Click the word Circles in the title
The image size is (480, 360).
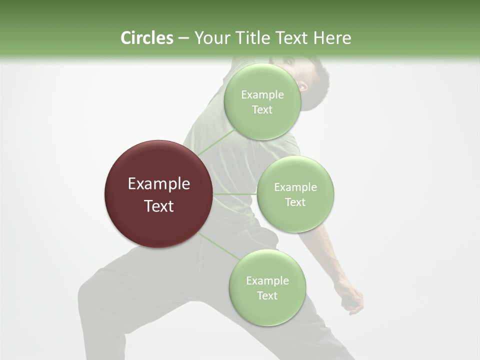(x=146, y=38)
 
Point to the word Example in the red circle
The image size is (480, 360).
(x=158, y=184)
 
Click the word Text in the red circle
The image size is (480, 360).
(x=158, y=206)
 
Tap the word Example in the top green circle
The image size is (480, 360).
(x=262, y=95)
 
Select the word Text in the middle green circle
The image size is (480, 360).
(x=295, y=202)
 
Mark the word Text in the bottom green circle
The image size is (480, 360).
(x=267, y=295)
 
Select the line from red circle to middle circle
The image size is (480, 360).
(x=235, y=194)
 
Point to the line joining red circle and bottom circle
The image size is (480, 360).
(x=218, y=246)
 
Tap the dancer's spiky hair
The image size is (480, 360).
(x=320, y=75)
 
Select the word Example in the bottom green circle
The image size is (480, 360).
(x=267, y=281)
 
